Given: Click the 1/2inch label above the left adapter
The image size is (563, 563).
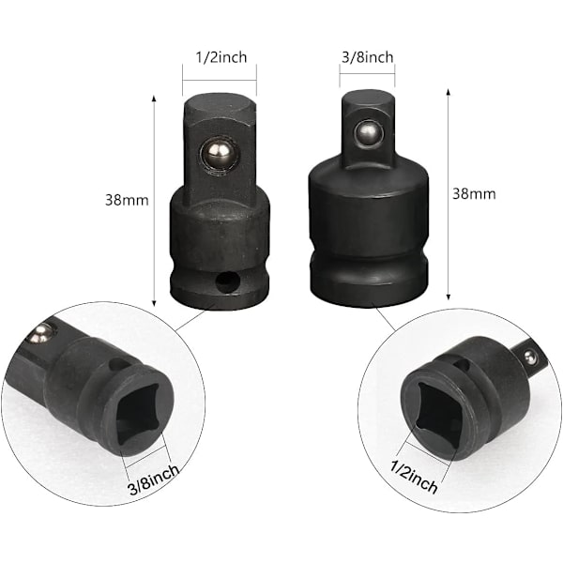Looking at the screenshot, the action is (221, 57).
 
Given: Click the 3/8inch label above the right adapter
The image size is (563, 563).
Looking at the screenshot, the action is (367, 57).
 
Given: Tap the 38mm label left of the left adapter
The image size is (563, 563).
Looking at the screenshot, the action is (127, 200).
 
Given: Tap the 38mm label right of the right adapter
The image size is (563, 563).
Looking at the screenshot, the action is (474, 194).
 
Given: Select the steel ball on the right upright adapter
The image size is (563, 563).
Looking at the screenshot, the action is (368, 133).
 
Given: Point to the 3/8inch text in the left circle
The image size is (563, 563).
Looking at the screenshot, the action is (154, 479).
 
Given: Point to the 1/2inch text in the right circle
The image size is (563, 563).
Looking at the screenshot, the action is (414, 477).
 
